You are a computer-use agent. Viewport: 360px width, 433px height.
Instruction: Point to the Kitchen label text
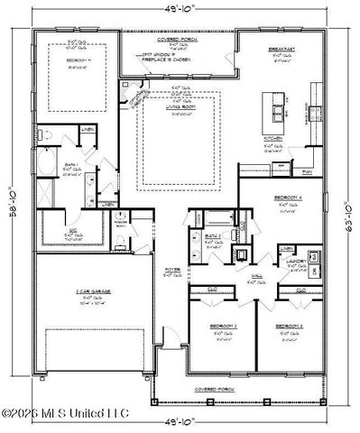click(272, 139)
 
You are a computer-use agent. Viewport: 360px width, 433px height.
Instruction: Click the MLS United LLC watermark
click(65, 414)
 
